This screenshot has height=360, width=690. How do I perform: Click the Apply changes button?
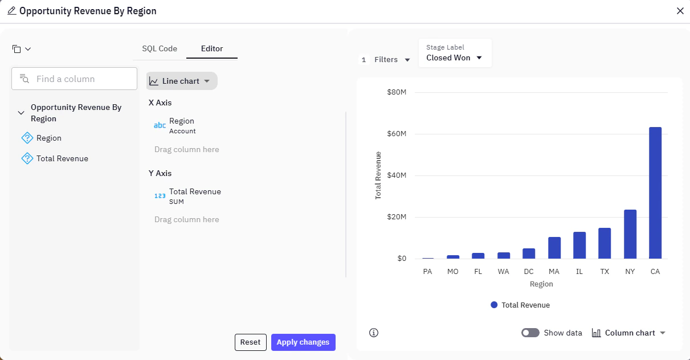pyautogui.click(x=303, y=342)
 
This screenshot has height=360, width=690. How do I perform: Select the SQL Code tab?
pyautogui.click(x=160, y=49)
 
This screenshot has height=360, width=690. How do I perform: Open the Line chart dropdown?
pyautogui.click(x=182, y=81)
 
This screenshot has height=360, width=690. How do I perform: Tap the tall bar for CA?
pyautogui.click(x=655, y=193)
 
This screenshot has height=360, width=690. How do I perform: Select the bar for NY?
pyautogui.click(x=630, y=234)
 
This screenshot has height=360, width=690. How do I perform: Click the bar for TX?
pyautogui.click(x=605, y=243)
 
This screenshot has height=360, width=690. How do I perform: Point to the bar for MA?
pyautogui.click(x=554, y=248)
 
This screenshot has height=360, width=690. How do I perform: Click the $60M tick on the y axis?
pyautogui.click(x=396, y=134)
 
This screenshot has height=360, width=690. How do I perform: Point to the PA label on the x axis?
pyautogui.click(x=428, y=272)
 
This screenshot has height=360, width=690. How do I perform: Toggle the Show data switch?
pyautogui.click(x=530, y=333)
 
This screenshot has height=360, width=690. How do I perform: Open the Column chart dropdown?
pyautogui.click(x=629, y=333)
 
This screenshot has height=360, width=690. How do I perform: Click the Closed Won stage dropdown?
pyautogui.click(x=455, y=58)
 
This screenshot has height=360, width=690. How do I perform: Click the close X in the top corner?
pyautogui.click(x=680, y=11)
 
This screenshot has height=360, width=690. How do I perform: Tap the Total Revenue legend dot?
pyautogui.click(x=494, y=305)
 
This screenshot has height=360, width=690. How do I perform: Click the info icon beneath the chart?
pyautogui.click(x=374, y=333)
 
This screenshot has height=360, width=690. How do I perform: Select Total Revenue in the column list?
pyautogui.click(x=62, y=158)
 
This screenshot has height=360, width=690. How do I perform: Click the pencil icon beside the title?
pyautogui.click(x=11, y=11)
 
